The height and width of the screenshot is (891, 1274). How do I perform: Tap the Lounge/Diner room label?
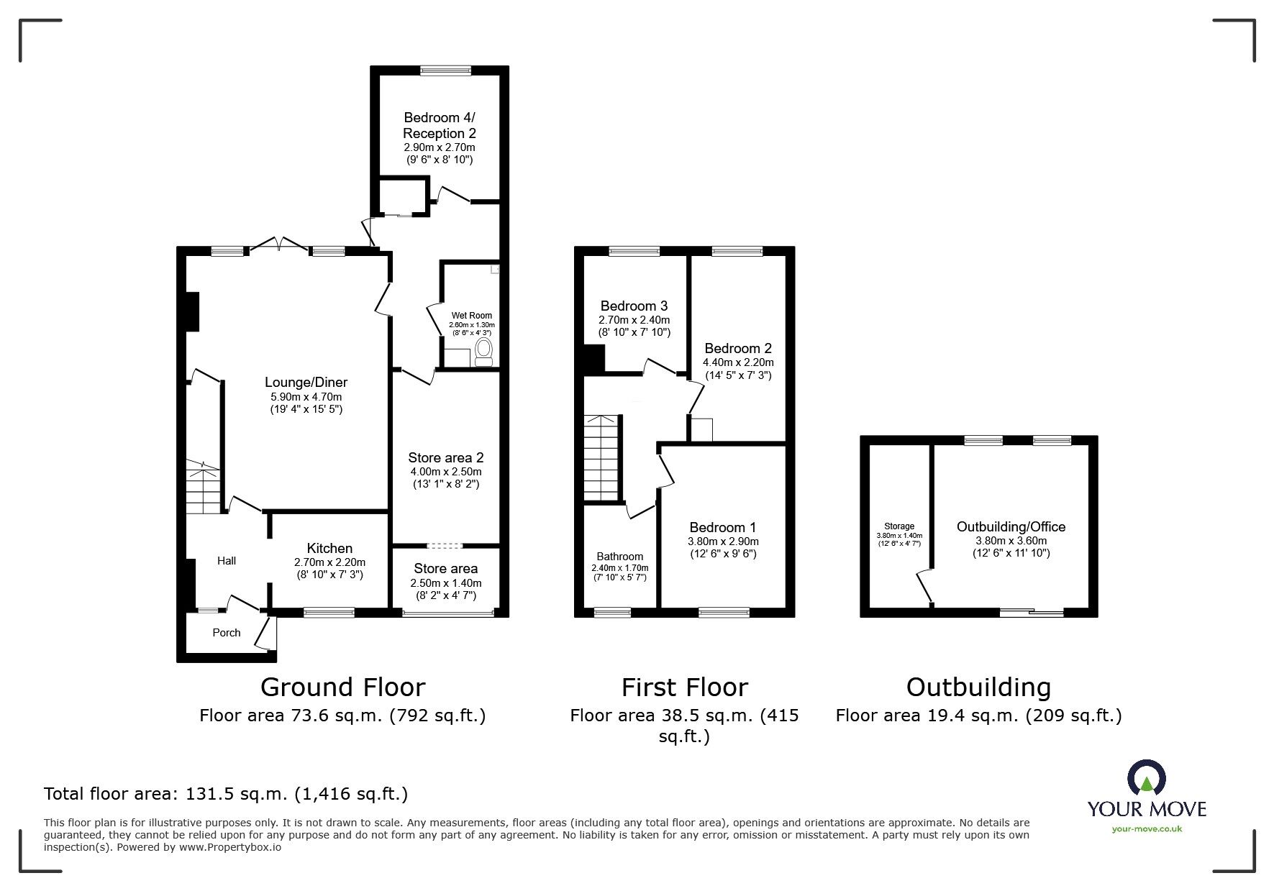coord(306,383)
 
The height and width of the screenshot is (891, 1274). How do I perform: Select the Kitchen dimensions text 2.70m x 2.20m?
coord(329,562)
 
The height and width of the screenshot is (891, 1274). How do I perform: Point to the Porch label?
coord(227,633)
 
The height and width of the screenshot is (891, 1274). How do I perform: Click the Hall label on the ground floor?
coord(227,561)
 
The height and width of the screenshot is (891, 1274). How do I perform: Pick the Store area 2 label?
coord(446,458)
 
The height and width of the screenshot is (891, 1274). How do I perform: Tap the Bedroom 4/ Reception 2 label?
coord(440,125)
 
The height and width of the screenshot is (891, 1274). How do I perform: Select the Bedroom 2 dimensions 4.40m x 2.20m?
coord(738,363)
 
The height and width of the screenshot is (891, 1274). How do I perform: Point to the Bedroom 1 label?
coord(723,528)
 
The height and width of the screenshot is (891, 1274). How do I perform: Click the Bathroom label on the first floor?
coord(620,557)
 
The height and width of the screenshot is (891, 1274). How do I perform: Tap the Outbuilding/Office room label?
coord(1011,527)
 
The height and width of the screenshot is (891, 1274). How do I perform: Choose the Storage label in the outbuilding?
coord(899,526)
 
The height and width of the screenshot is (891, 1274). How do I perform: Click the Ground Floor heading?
coord(342,687)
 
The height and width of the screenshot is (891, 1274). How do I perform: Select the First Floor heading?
coord(685,687)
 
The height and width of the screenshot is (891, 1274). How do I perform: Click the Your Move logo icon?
coord(1147,779)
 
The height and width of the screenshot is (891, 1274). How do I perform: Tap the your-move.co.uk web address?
coord(1147,829)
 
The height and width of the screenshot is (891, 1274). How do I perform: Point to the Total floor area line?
coord(226,794)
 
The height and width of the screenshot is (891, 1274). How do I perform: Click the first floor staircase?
coord(601,458)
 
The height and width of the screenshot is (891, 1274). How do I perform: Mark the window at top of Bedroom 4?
coord(446,70)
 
